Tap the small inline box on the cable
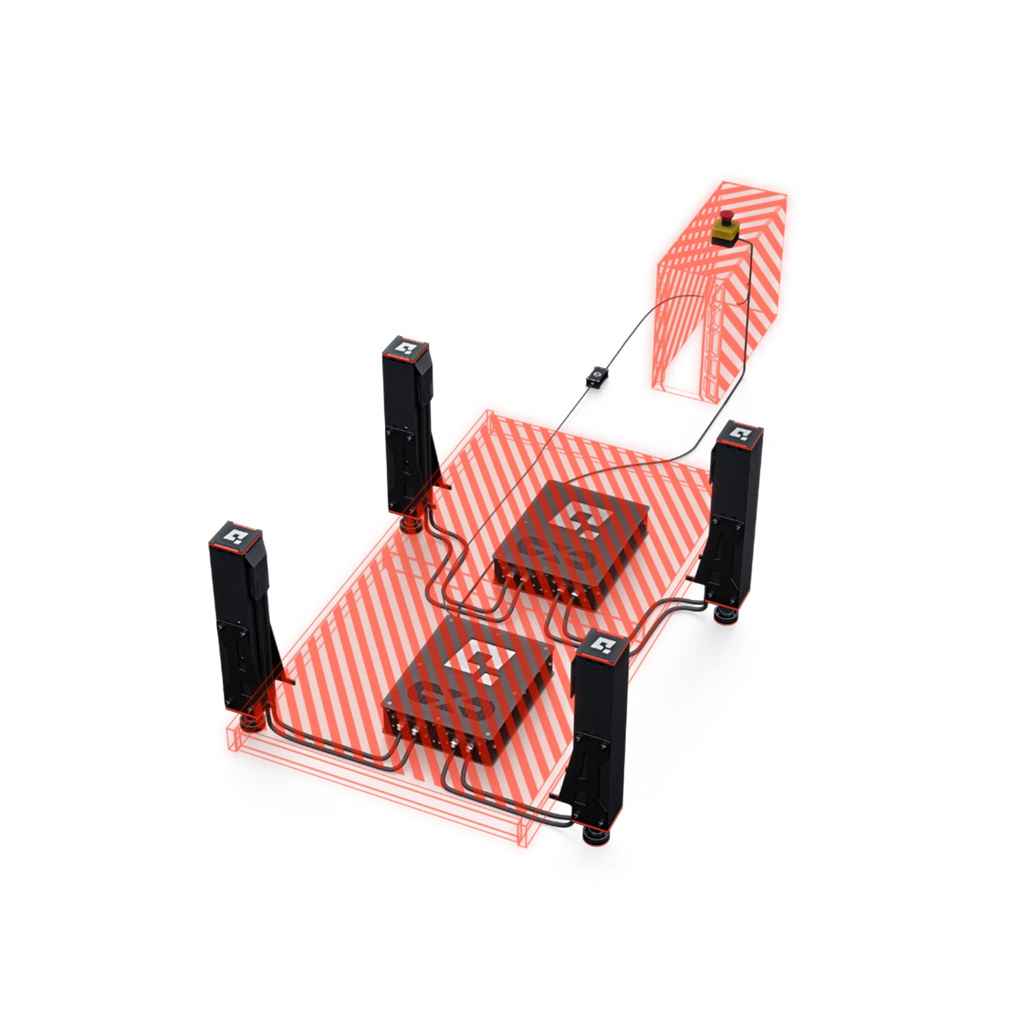[595, 377]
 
